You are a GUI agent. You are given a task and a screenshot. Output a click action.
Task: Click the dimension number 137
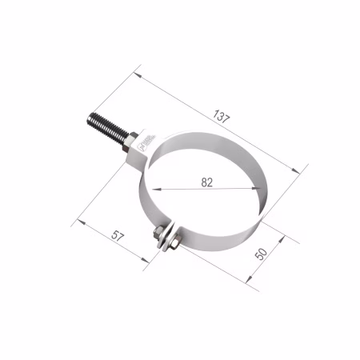tap(221, 117)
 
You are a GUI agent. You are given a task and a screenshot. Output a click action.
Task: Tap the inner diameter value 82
tap(207, 182)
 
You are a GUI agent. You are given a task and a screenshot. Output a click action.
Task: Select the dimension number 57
tap(118, 236)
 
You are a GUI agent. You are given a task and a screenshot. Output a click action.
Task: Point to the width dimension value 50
tap(261, 254)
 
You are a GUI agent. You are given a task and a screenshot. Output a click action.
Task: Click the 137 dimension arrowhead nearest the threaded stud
tap(138, 75)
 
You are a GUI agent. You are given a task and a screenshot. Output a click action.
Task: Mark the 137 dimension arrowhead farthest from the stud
tap(296, 170)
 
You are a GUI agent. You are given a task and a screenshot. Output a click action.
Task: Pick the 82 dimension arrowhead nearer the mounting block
tap(157, 190)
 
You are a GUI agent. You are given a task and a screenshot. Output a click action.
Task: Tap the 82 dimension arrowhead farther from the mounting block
tap(257, 188)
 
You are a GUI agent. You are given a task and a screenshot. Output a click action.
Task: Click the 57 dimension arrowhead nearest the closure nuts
tap(146, 260)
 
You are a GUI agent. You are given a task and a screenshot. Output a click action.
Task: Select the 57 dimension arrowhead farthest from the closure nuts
tap(82, 222)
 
